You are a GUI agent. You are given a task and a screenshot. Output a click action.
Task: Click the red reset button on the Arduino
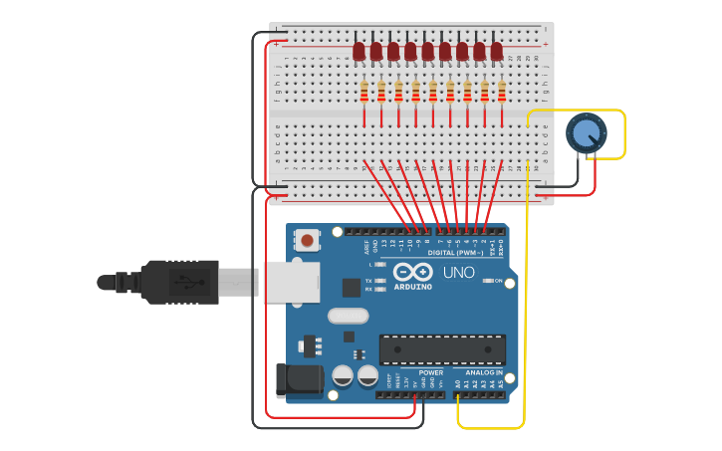pos(308,240)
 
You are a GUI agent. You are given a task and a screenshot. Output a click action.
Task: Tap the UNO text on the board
pos(459,272)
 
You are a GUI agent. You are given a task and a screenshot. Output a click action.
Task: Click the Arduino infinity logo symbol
pos(411,272)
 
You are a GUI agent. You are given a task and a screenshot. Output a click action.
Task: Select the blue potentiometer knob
pos(586,133)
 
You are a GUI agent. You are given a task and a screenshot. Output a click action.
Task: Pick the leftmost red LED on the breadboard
pos(359,50)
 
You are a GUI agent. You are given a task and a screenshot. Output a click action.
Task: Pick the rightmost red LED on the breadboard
pos(496,50)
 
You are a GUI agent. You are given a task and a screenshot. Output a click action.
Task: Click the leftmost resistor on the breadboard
pos(364,93)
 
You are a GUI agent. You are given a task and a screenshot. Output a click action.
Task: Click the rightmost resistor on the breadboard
pos(502,93)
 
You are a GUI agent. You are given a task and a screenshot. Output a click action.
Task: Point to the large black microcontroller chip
pos(441,348)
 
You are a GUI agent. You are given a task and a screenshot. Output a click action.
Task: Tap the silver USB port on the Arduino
pos(291,282)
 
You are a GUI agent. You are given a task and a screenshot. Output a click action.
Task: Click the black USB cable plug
pos(179,282)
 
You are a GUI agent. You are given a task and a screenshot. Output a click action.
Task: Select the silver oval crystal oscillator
pos(347,317)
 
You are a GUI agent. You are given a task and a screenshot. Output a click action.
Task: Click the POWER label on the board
pos(430,373)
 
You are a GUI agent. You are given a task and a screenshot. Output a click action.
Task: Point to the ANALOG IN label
pos(484,373)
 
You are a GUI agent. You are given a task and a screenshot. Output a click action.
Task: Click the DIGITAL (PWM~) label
pos(454,253)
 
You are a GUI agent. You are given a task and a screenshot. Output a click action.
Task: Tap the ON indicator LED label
pos(498,282)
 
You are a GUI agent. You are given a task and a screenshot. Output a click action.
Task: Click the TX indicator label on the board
pos(368,281)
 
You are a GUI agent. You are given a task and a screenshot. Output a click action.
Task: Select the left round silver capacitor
pos(343,375)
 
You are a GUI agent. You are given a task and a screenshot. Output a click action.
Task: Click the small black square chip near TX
pos(351,288)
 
